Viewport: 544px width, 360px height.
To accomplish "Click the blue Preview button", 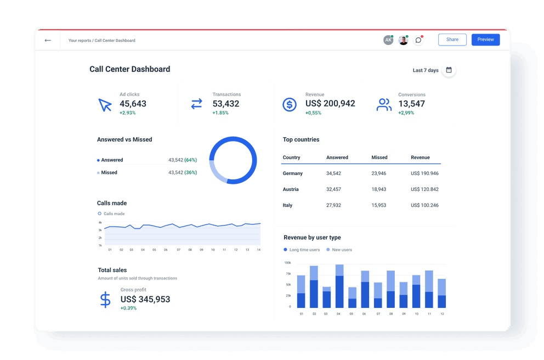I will pyautogui.click(x=485, y=40).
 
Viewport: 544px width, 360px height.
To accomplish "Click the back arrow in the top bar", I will pyautogui.click(x=48, y=40).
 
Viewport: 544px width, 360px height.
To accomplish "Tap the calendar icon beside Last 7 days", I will pyautogui.click(x=449, y=70).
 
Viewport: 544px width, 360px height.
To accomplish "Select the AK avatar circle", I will pyautogui.click(x=388, y=40).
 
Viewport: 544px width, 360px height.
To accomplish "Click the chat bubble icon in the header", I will pyautogui.click(x=418, y=40).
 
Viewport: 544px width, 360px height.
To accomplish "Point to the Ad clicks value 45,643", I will pyautogui.click(x=133, y=104).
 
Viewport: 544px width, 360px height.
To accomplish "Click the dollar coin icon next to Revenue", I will pyautogui.click(x=289, y=104).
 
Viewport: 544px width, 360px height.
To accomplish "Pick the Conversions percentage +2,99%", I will pyautogui.click(x=406, y=113).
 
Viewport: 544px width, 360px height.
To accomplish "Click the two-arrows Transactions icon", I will pyautogui.click(x=196, y=104).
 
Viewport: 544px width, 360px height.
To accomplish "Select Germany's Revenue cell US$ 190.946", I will pyautogui.click(x=424, y=173).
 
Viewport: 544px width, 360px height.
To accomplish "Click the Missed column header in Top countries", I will pyautogui.click(x=379, y=157).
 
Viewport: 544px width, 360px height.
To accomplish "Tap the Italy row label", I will pyautogui.click(x=288, y=205).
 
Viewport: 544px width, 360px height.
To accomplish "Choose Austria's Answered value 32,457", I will pyautogui.click(x=333, y=189).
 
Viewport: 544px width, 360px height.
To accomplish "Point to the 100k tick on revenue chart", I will pyautogui.click(x=287, y=263).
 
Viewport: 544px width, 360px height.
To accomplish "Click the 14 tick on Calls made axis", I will pyautogui.click(x=258, y=250).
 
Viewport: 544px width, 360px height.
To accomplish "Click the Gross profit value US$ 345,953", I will pyautogui.click(x=145, y=299).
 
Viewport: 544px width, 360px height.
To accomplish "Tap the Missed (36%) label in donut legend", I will pyautogui.click(x=109, y=172).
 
